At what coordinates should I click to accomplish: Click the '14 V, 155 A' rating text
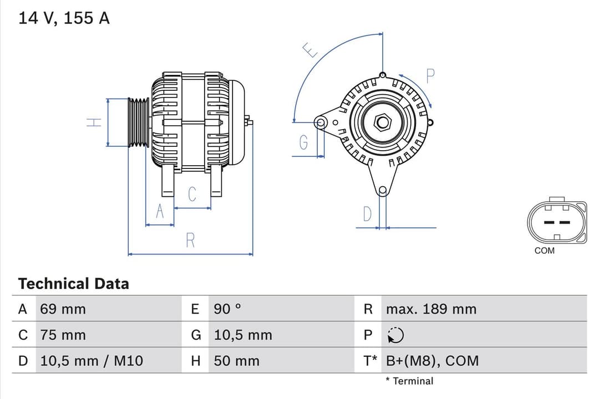click(64, 18)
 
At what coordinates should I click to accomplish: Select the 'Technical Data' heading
click(73, 284)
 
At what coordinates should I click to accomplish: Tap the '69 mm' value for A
click(63, 309)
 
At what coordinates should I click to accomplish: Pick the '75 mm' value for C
click(63, 335)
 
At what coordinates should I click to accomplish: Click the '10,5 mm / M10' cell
click(92, 361)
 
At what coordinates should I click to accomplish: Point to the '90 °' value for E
click(227, 309)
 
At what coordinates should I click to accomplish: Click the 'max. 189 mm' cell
click(431, 309)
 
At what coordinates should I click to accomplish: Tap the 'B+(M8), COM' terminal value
click(432, 361)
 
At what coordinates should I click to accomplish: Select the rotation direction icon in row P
click(396, 335)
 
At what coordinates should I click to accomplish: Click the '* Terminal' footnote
click(409, 381)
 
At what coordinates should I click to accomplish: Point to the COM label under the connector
click(544, 250)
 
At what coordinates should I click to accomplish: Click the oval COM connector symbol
click(556, 222)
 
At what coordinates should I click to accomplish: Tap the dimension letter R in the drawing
click(190, 241)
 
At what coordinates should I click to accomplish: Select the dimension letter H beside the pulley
click(95, 122)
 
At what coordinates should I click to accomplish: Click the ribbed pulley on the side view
click(138, 122)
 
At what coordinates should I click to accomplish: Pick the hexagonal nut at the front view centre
click(382, 122)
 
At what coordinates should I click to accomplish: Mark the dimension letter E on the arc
click(311, 51)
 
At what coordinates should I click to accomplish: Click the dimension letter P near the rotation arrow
click(430, 76)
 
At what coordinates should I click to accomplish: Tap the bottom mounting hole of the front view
click(382, 191)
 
